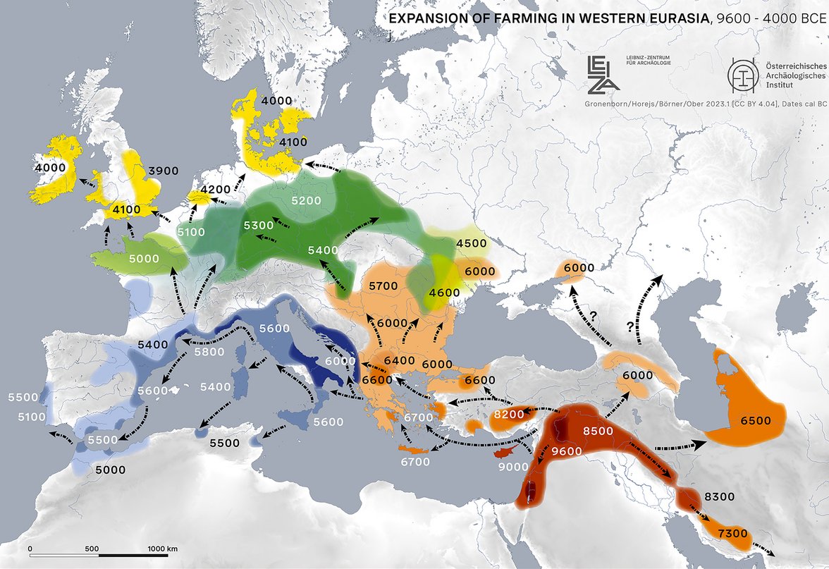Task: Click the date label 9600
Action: click(x=567, y=452)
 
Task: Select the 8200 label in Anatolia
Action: click(x=508, y=415)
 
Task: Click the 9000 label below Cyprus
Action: click(x=512, y=467)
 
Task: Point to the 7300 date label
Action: click(x=732, y=534)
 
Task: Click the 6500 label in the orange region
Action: click(x=755, y=420)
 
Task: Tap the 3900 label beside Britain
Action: click(x=164, y=171)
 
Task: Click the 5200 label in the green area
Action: click(x=306, y=201)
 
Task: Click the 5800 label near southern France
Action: click(x=209, y=352)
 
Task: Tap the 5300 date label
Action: click(x=259, y=226)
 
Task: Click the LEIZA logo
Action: click(x=603, y=74)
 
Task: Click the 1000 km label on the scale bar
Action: click(x=162, y=548)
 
